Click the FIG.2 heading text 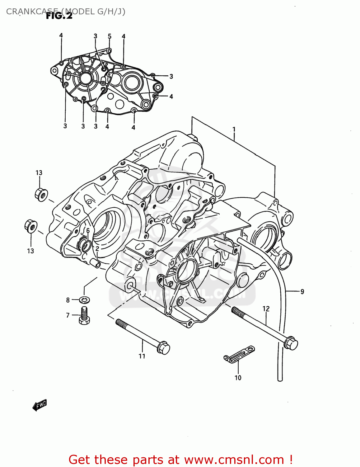pyautogui.click(x=59, y=16)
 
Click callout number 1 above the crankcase pyautogui.click(x=234, y=129)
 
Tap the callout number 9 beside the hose pyautogui.click(x=302, y=292)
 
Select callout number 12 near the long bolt pyautogui.click(x=266, y=309)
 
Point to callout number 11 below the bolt pyautogui.click(x=142, y=356)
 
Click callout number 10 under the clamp pyautogui.click(x=238, y=378)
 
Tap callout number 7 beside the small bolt pyautogui.click(x=68, y=315)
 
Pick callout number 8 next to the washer pyautogui.click(x=68, y=300)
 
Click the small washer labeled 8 pyautogui.click(x=84, y=300)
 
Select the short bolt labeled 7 pyautogui.click(x=84, y=315)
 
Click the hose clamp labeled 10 pyautogui.click(x=239, y=354)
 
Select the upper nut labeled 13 pyautogui.click(x=41, y=195)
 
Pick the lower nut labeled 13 pyautogui.click(x=31, y=226)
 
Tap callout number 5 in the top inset pyautogui.click(x=110, y=36)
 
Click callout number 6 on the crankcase pyautogui.click(x=88, y=231)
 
